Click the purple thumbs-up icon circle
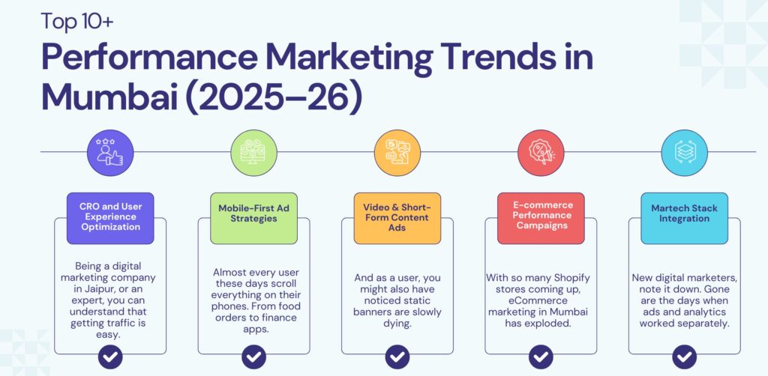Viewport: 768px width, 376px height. (x=110, y=153)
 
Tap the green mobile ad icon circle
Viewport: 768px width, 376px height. (x=253, y=153)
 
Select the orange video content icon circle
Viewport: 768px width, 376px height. (x=397, y=153)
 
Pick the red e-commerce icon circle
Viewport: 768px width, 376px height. (x=540, y=153)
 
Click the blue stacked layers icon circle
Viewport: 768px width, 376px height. (x=683, y=153)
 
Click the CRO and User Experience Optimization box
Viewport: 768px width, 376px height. (x=110, y=218)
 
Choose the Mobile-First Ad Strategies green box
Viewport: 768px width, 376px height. (x=253, y=218)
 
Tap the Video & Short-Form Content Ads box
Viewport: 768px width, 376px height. (x=397, y=218)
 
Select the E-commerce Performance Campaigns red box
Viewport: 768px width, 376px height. (x=540, y=218)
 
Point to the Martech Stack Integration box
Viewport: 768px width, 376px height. (x=683, y=218)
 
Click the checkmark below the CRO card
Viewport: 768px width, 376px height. (x=110, y=356)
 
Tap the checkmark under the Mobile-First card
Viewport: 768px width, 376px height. (x=253, y=356)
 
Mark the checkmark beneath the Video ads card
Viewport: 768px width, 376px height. (x=397, y=356)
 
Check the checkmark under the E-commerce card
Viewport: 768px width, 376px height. (x=540, y=356)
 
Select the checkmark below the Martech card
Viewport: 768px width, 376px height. (x=683, y=356)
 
